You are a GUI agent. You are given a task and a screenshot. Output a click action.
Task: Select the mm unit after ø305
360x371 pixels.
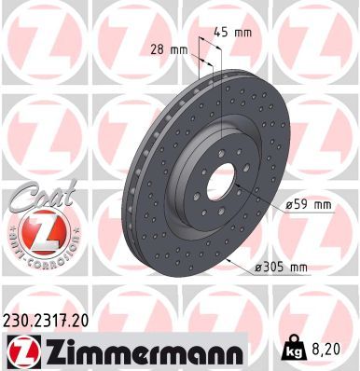[x=298, y=268]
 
